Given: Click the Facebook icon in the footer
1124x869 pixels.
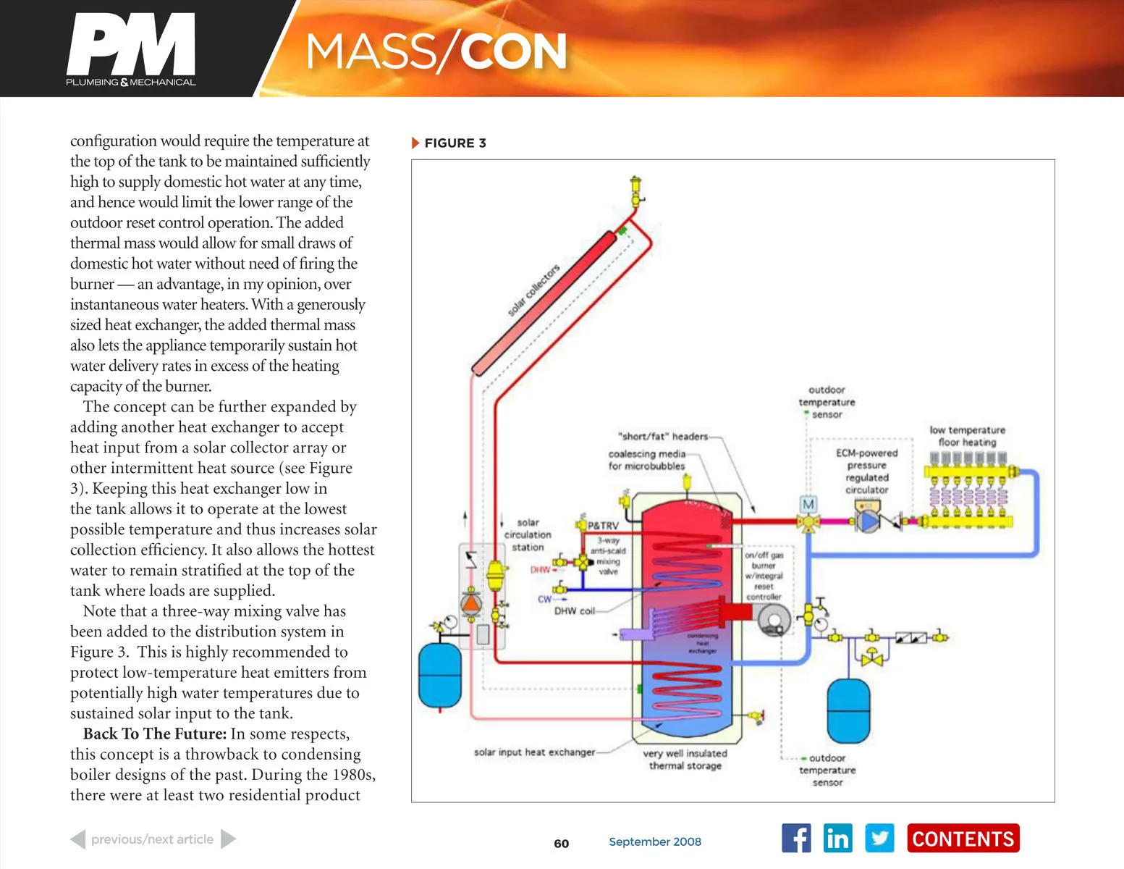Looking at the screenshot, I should click(796, 839).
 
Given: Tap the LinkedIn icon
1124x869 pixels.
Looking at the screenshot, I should click(838, 839).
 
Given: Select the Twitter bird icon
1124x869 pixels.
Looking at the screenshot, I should click(879, 839).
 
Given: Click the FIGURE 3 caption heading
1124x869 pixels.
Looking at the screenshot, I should click(455, 143).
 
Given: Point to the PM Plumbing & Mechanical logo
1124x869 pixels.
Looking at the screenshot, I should click(131, 49).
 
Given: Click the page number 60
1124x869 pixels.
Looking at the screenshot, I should click(562, 844).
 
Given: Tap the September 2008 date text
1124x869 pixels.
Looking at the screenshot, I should click(655, 841).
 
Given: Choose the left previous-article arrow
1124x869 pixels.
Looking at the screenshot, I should click(77, 839).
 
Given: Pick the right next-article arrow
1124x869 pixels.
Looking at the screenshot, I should click(228, 839).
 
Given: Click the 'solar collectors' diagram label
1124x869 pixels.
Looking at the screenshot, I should click(533, 290).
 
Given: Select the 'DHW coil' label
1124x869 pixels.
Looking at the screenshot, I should click(575, 611).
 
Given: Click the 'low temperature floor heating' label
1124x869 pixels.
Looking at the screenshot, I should click(967, 436).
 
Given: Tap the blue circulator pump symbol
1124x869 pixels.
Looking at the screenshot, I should click(867, 521).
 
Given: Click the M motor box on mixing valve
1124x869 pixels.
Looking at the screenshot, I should click(808, 504).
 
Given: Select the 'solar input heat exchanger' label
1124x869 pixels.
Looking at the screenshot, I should click(534, 752).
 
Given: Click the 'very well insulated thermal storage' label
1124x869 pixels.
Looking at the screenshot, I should click(685, 759).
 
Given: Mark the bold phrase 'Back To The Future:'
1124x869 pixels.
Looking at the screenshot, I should click(155, 734).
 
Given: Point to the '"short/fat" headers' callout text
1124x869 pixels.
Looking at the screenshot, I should click(663, 437).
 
